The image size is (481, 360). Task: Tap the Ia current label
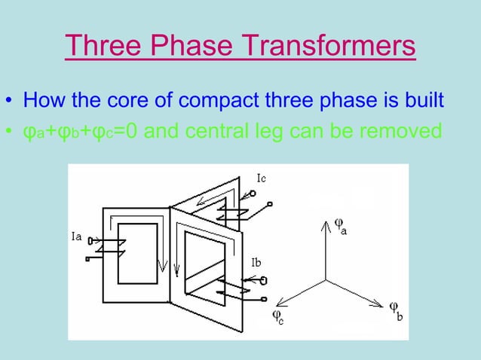click(76, 236)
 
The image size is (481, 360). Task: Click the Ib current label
click(258, 262)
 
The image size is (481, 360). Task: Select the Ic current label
click(260, 178)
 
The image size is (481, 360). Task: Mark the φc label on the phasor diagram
click(278, 316)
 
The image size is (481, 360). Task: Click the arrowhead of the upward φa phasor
click(326, 223)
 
